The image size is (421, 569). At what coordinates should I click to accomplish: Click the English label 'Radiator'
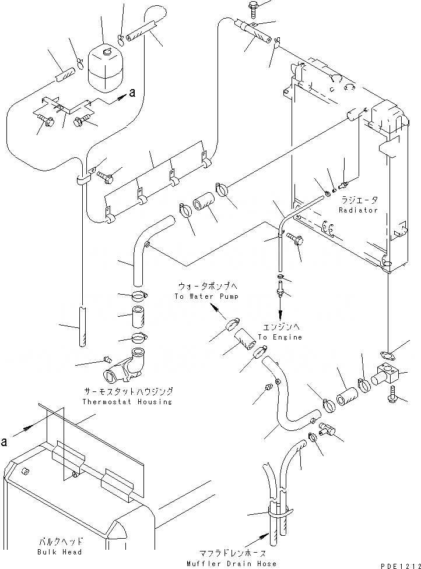[358, 210]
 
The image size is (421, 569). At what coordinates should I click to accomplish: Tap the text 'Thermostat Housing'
[127, 402]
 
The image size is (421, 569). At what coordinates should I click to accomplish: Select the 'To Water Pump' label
[206, 296]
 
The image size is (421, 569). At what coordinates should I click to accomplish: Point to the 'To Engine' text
[280, 337]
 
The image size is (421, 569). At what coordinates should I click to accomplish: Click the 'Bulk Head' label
[59, 552]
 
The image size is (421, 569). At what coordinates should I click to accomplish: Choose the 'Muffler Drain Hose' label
[231, 564]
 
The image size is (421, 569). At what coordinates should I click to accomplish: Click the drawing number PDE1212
[401, 566]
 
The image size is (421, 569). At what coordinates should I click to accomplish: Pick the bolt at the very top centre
[253, 8]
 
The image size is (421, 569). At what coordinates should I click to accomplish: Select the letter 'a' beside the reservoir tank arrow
[132, 93]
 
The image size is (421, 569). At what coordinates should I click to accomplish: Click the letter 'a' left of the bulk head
[4, 442]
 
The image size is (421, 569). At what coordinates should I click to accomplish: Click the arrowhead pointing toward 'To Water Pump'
[216, 309]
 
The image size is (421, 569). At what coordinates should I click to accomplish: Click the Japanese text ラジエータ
[359, 200]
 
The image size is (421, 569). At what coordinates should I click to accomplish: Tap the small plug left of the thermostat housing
[107, 359]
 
